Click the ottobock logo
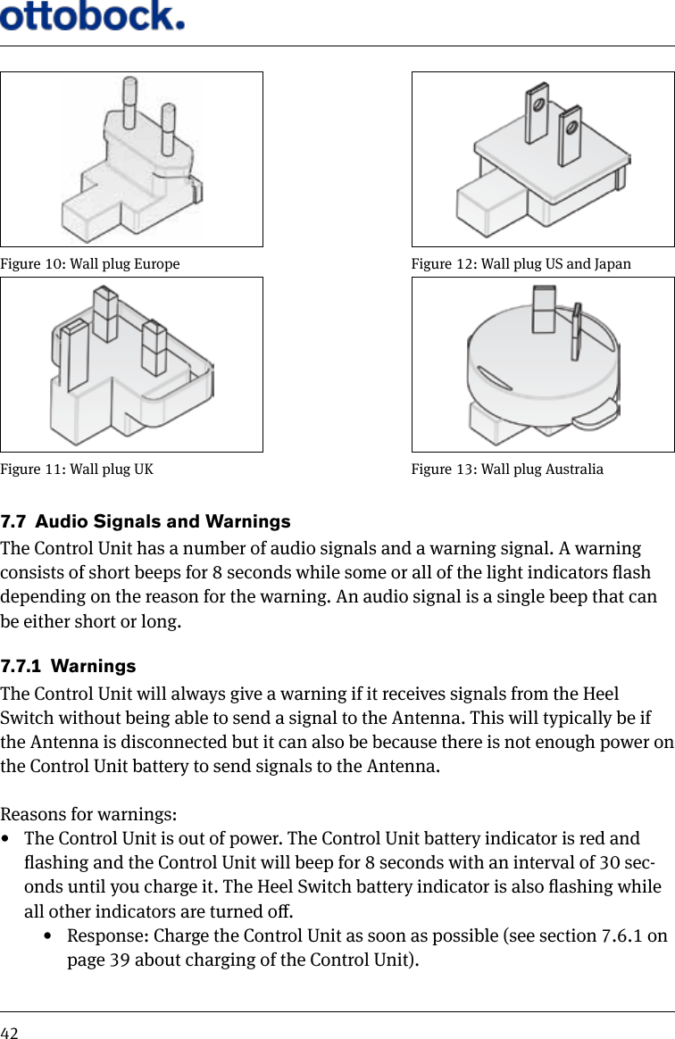93,16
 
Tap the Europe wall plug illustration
132,161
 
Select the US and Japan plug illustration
543,161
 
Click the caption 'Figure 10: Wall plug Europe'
89,264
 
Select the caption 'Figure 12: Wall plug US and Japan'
521,264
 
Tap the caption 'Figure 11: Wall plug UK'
77,470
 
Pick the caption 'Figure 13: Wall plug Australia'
507,470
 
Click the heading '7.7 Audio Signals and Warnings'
146,521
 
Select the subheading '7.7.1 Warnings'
69,667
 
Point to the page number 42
9,1033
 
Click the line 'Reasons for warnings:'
88,816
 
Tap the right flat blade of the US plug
569,134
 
